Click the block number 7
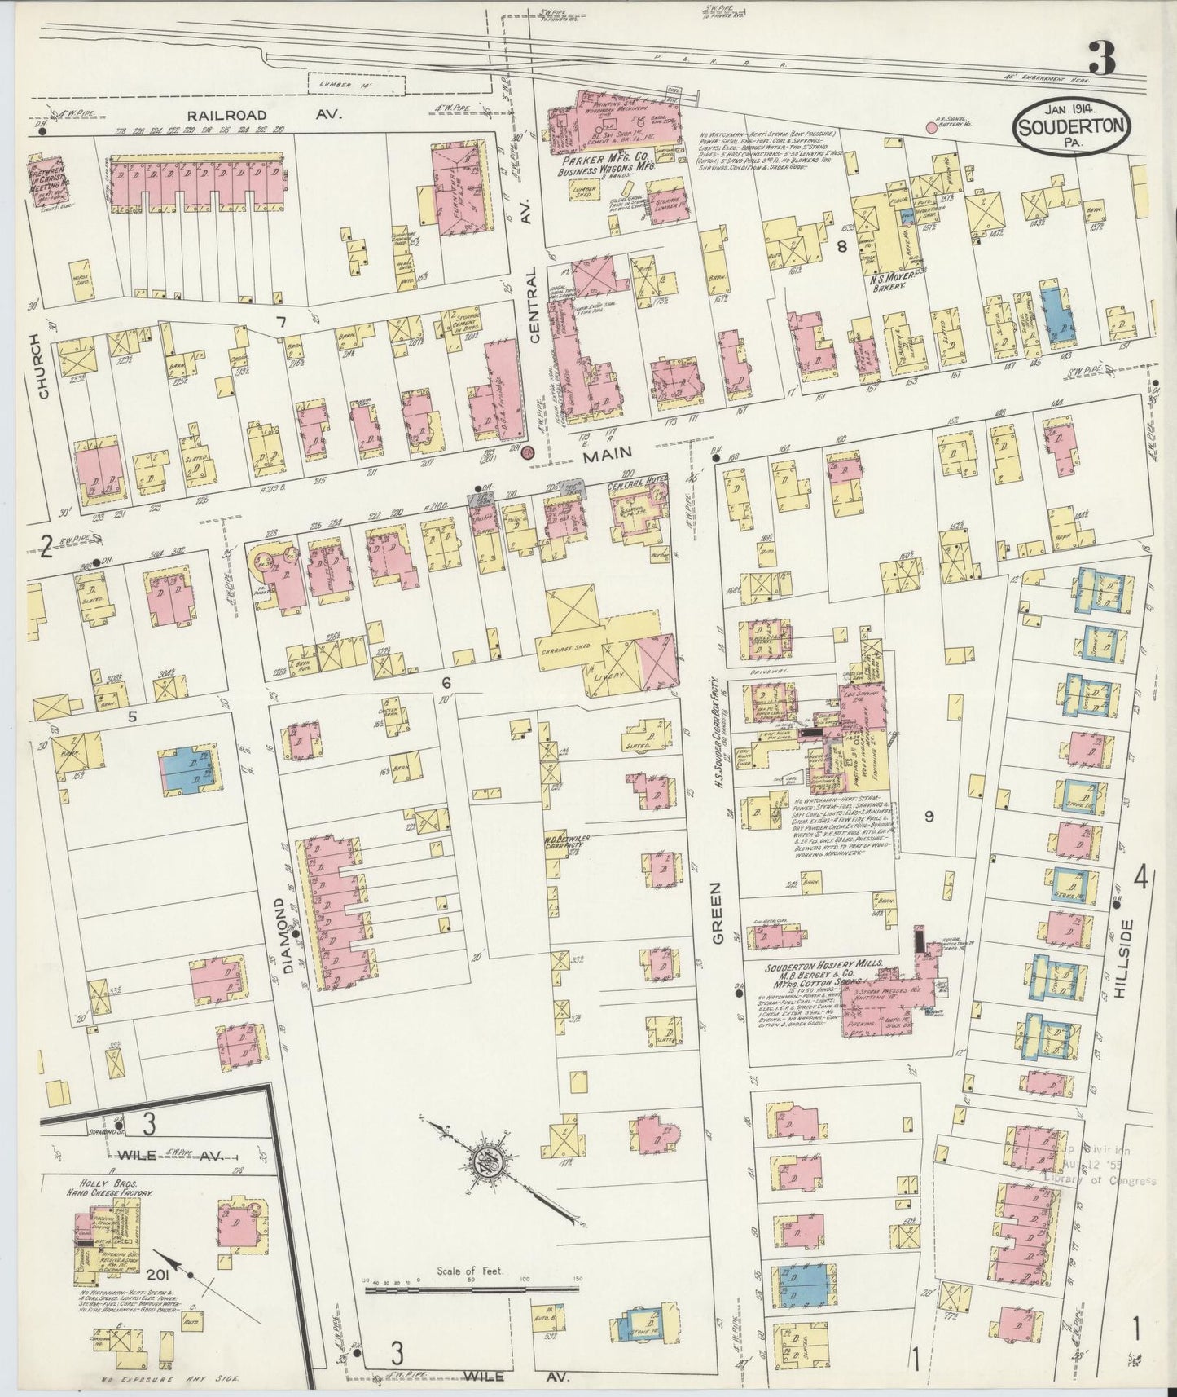[281, 323]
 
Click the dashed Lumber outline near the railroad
[355, 83]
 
